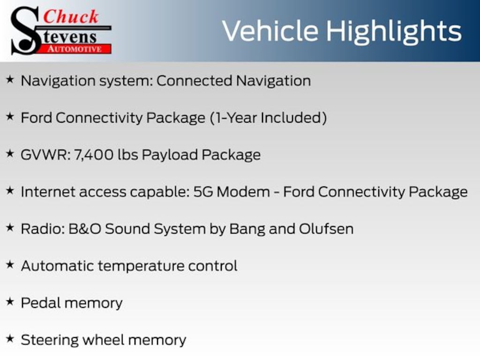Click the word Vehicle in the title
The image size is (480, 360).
tap(271, 31)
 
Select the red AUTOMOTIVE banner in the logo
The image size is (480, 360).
tap(78, 49)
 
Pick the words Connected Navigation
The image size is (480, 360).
tap(233, 81)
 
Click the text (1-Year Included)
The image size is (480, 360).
tap(268, 117)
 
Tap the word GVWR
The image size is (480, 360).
tap(45, 154)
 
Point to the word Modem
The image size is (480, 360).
tap(247, 191)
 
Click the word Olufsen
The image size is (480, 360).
tap(326, 228)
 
